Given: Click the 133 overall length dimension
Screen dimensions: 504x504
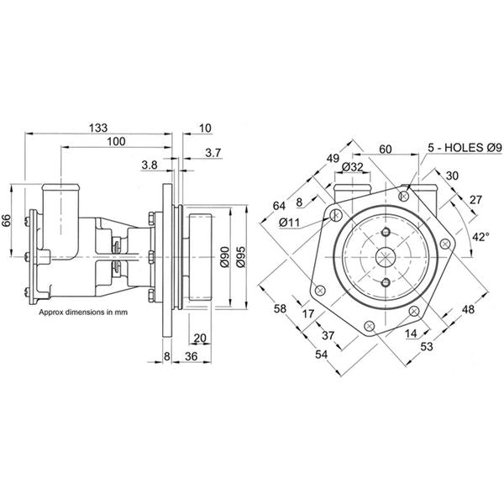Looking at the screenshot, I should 98,127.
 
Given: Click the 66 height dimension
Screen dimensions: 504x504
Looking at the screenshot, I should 8,222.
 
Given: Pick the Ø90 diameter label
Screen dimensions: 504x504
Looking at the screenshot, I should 224,258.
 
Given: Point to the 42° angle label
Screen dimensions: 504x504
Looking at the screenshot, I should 480,238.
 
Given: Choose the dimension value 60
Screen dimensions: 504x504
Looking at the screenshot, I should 386,149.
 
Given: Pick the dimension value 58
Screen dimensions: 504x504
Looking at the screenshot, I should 280,309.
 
